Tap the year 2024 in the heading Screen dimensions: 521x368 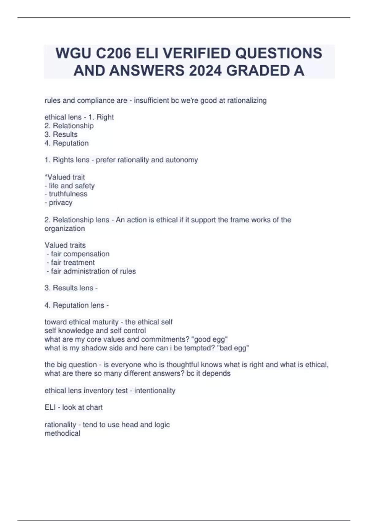[205, 71]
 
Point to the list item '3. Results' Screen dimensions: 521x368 [61, 134]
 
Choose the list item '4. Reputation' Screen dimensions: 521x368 [67, 143]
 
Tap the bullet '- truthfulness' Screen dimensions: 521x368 [66, 194]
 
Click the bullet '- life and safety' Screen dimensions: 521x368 [70, 185]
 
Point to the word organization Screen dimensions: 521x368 [65, 228]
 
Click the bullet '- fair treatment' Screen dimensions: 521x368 [71, 262]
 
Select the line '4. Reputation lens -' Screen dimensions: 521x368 [77, 305]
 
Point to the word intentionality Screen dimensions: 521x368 [155, 390]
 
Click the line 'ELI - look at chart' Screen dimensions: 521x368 [74, 407]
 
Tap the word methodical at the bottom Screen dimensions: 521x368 [63, 433]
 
